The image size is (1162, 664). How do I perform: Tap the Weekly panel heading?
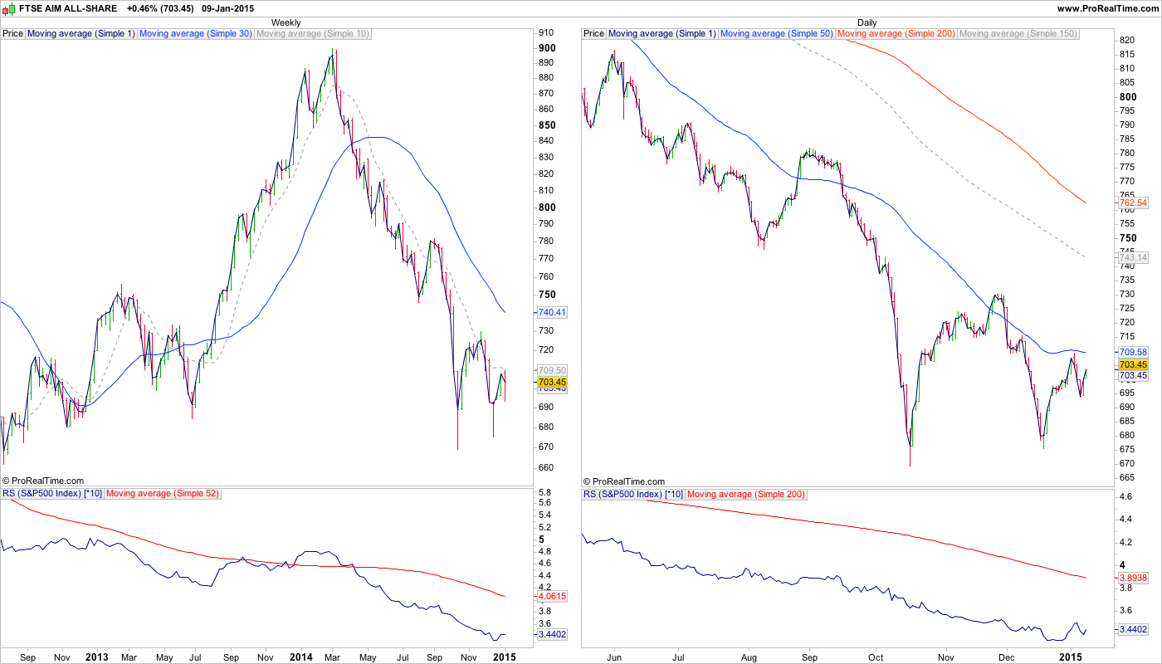point(286,22)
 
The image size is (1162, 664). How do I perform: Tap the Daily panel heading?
point(867,22)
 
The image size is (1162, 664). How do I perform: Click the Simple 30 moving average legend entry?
point(196,34)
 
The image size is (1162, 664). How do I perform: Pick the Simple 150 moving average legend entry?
point(1018,34)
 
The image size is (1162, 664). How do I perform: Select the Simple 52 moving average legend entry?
point(162,494)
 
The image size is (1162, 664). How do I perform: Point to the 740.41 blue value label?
point(551,312)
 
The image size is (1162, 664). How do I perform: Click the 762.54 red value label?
point(1133,203)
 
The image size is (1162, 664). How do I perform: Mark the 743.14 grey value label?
point(1133,258)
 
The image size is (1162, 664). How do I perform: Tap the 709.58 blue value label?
point(1133,352)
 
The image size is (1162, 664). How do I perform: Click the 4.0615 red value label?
point(552,596)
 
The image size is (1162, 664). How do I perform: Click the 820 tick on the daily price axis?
point(1127,40)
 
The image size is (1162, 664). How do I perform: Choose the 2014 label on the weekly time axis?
point(300,657)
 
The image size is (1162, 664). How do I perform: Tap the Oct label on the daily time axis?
point(876,657)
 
